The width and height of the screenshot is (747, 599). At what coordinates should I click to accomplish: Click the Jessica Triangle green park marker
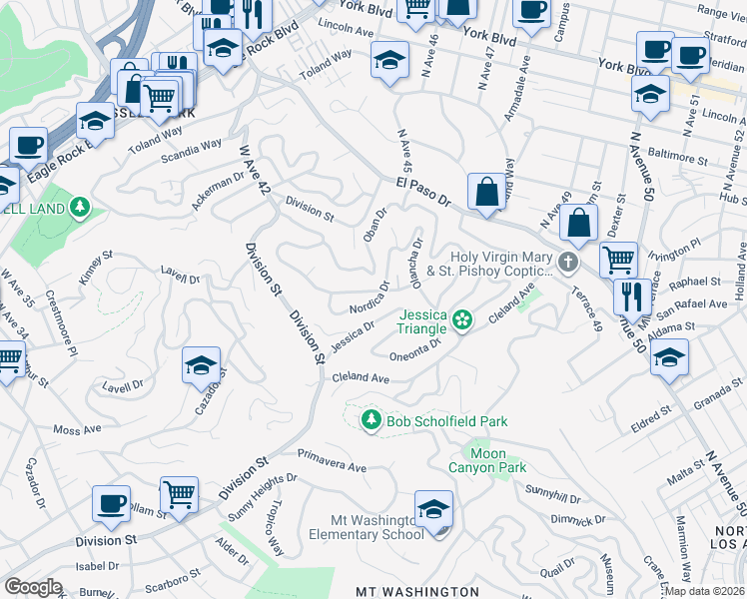462,320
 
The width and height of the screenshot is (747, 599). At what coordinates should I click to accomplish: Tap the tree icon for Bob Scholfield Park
372,420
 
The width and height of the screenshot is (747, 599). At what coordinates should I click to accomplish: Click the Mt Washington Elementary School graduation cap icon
433,511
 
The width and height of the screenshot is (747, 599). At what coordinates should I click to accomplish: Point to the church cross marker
568,264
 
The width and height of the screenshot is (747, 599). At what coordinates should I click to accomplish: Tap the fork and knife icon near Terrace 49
628,297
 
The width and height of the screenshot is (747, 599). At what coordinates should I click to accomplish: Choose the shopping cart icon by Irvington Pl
618,261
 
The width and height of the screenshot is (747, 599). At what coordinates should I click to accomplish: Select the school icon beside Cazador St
202,366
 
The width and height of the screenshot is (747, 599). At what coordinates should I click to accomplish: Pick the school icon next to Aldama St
669,356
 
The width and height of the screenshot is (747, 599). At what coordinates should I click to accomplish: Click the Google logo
33,587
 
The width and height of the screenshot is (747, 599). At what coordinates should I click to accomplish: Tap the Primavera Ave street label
332,467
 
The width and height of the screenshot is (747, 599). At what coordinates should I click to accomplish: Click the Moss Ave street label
78,429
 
